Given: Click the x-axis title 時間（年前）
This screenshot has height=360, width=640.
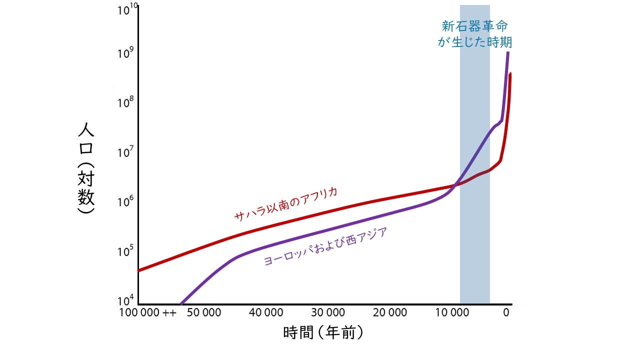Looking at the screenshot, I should tap(322, 332).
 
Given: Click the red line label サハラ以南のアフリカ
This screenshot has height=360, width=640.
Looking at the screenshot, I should tap(286, 204).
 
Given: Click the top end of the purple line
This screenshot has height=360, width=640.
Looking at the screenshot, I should tap(508, 52).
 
